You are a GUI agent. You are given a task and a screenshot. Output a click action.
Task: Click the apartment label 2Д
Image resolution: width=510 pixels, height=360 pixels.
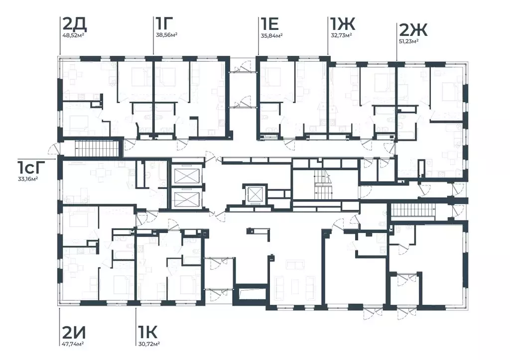74,24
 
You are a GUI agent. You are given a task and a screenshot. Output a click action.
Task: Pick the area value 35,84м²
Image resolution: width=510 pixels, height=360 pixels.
271,35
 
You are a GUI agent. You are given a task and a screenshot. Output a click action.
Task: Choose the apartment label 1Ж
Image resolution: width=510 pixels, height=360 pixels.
343,24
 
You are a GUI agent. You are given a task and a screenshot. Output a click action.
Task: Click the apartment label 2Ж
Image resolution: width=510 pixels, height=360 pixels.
413,30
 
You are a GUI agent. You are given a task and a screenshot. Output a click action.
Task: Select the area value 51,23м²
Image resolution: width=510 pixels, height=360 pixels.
408,42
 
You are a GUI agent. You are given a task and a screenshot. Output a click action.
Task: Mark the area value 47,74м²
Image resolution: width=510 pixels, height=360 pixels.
73,344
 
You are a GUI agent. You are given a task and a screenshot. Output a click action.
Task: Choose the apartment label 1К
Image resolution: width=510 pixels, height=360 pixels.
147,332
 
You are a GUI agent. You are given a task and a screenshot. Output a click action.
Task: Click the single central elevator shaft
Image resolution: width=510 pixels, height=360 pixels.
255,194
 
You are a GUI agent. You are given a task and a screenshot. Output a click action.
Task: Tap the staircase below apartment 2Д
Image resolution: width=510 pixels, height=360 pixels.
96,148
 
